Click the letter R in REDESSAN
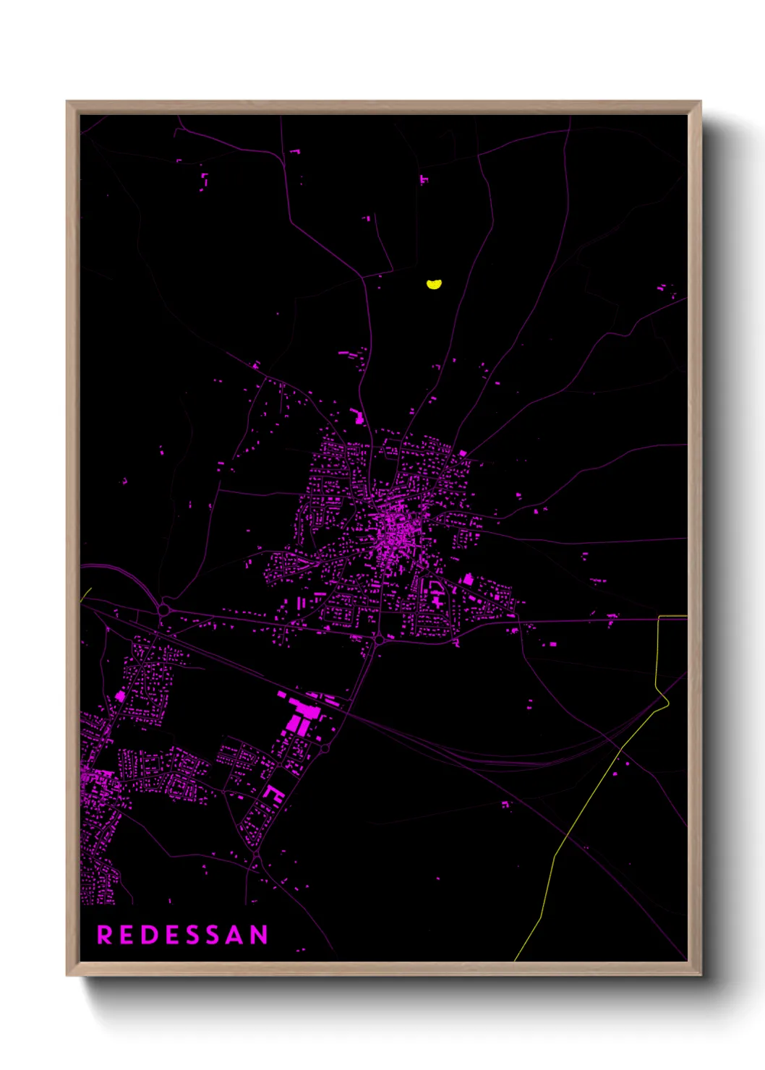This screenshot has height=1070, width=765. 105,935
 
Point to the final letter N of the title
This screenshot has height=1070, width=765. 260,935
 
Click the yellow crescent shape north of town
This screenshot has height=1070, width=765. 434,284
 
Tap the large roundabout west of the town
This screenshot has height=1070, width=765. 164,609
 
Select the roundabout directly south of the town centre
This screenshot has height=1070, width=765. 379,640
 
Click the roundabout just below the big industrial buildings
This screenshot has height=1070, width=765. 325,749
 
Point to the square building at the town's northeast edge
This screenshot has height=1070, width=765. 463,454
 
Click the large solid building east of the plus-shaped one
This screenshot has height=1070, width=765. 468,579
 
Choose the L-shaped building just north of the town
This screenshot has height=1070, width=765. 356,416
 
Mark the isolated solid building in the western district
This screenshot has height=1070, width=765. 121,696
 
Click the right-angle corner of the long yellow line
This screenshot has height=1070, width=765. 659,617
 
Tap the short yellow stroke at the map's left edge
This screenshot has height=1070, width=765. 86,594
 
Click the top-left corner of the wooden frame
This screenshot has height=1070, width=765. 67,102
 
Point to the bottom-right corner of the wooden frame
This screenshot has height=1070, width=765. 701,975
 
